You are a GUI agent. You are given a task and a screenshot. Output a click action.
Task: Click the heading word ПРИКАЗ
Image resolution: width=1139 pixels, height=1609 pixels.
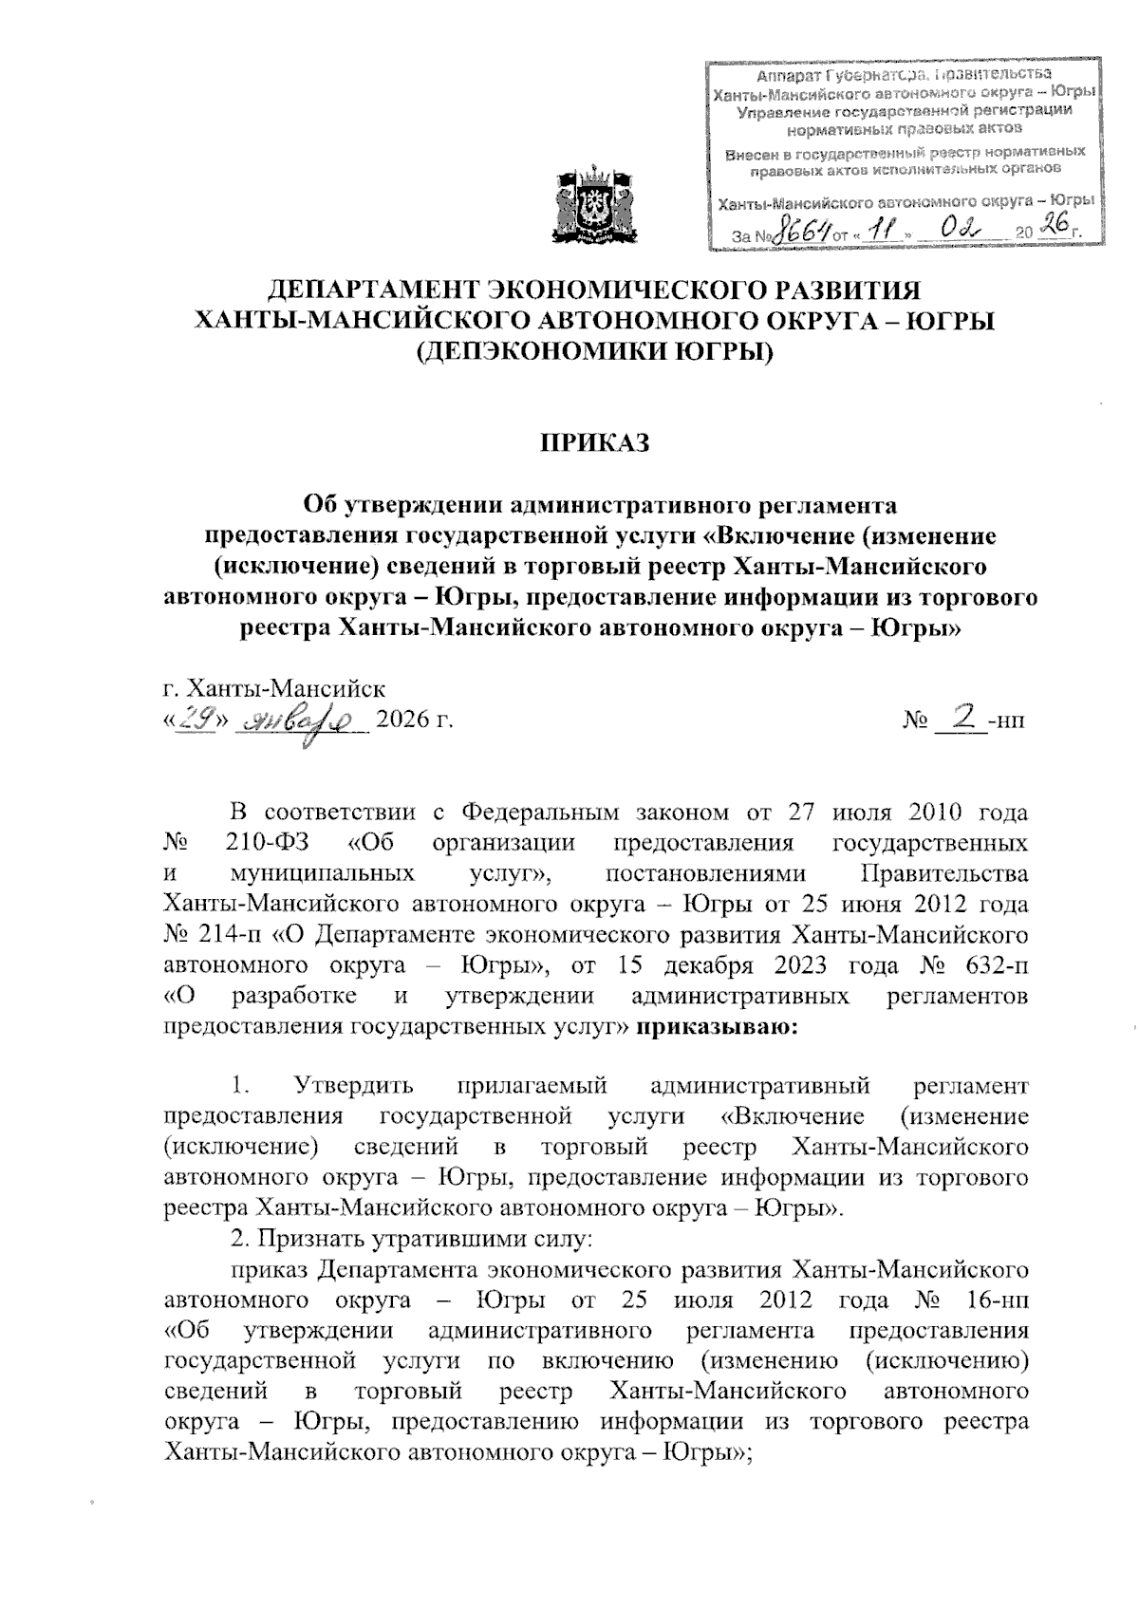595,442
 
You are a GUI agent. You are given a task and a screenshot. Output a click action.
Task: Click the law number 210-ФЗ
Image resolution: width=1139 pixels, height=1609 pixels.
269,843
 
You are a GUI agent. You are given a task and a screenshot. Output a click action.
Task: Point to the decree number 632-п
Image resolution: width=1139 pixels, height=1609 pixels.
991,965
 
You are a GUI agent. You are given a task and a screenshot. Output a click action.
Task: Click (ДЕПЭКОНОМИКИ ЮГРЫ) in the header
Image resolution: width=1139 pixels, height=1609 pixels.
595,353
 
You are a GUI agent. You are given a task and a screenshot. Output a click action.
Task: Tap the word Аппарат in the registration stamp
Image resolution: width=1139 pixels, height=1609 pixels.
785,76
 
